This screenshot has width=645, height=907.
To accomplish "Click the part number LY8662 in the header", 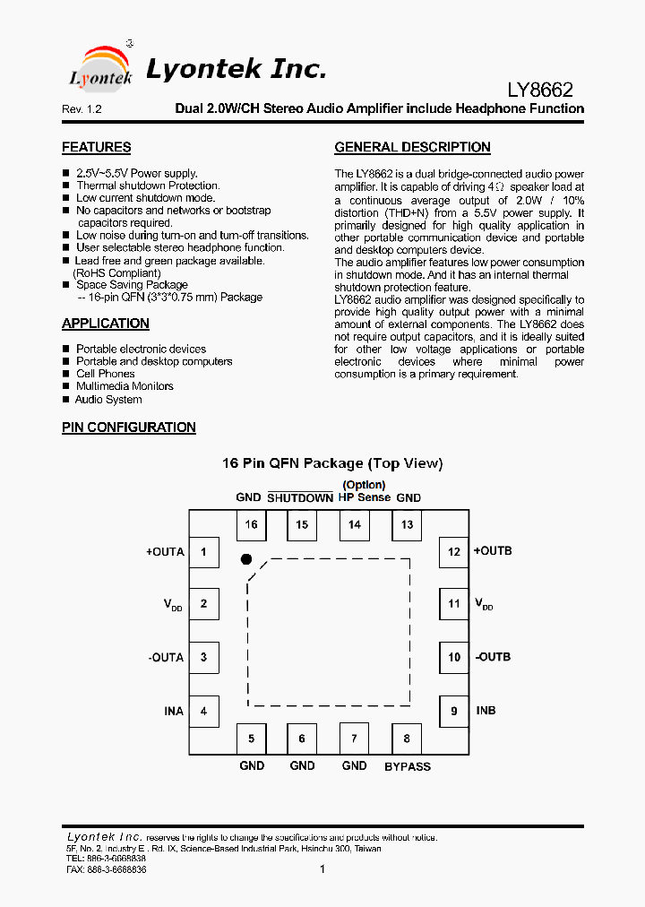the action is (540, 90).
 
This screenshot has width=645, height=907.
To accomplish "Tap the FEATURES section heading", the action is (96, 147).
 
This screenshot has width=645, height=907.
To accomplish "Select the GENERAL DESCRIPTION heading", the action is (412, 147).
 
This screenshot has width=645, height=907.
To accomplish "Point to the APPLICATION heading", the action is (106, 324).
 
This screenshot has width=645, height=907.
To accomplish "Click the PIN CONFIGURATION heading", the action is (129, 428).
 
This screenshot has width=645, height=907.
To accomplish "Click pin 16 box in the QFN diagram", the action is (251, 525).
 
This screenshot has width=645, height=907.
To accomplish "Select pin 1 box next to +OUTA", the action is (203, 551).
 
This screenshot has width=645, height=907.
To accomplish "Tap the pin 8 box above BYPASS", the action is (407, 739).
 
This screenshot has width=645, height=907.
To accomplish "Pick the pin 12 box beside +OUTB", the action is (454, 551).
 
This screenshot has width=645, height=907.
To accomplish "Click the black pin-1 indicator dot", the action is (246, 559).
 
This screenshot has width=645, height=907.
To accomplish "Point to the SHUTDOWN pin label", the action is (300, 497).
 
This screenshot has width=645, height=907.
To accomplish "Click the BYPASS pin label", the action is (408, 766).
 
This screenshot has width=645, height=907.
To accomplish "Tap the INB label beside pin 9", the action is (486, 711).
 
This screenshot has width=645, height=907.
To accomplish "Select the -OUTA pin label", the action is (166, 658).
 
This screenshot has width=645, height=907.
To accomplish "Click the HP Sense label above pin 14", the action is (365, 497).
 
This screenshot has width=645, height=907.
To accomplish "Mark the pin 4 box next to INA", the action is (203, 711).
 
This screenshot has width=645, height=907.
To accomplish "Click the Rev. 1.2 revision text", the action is (82, 109).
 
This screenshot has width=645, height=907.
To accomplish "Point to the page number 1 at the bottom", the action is (322, 868).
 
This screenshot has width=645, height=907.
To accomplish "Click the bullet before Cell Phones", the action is (65, 375).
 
